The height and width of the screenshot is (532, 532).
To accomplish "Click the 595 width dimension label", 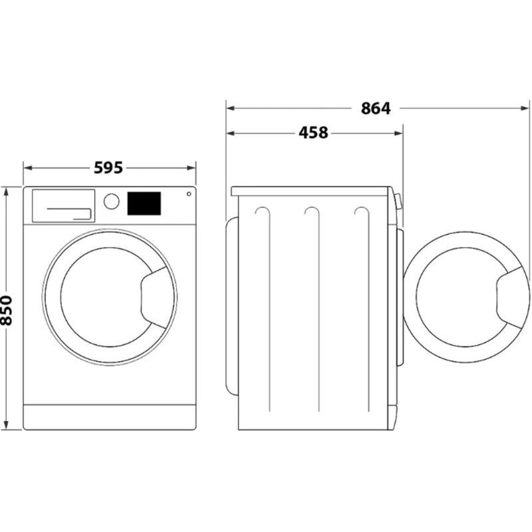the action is pyautogui.click(x=108, y=168).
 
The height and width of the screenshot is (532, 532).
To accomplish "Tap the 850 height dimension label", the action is pyautogui.click(x=6, y=311).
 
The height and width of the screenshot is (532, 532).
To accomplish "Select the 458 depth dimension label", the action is pyautogui.click(x=313, y=132).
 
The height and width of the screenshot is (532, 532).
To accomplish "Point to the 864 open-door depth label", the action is pyautogui.click(x=376, y=108).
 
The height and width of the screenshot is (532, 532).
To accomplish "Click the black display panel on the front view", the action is pyautogui.click(x=144, y=203).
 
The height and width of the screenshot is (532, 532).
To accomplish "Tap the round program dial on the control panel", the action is pyautogui.click(x=111, y=201).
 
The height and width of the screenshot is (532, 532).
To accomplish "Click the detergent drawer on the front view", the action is pyautogui.click(x=63, y=206).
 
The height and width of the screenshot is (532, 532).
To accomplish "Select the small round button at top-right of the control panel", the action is pyautogui.click(x=189, y=194).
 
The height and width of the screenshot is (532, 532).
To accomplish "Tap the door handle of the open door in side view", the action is pyautogui.click(x=512, y=297).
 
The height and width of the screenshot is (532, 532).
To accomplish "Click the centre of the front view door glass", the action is pyautogui.click(x=106, y=297).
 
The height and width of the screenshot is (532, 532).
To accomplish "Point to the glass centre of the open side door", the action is pyautogui.click(x=462, y=297).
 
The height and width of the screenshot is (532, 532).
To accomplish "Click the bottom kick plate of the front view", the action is pyautogui.click(x=110, y=417).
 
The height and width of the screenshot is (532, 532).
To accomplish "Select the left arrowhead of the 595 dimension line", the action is pyautogui.click(x=27, y=168).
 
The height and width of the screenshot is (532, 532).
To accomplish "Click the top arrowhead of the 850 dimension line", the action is pyautogui.click(x=6, y=191).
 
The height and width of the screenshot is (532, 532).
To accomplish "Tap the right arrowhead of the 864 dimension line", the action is pyautogui.click(x=525, y=108).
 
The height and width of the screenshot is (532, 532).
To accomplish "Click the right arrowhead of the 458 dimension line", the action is pyautogui.click(x=398, y=133).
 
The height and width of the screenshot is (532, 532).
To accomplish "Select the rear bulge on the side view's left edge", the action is pyautogui.click(x=232, y=306).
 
